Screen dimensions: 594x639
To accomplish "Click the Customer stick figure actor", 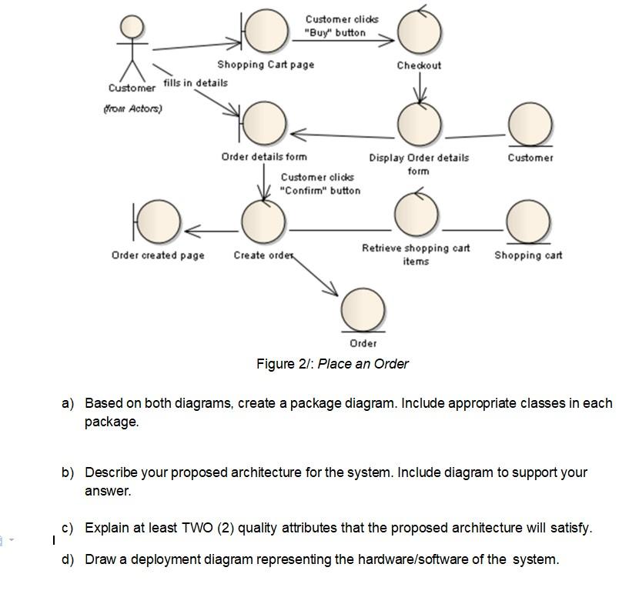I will point(132,46).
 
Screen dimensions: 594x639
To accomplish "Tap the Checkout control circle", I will point(420,32).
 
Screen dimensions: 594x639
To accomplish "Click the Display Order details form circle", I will point(420,123).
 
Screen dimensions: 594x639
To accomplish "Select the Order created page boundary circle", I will point(159,222).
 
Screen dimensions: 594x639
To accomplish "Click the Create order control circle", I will point(263,222).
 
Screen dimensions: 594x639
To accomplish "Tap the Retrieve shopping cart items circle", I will point(417,215).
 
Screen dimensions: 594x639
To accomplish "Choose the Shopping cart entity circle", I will point(528,222).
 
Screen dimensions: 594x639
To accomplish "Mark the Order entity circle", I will point(363,309).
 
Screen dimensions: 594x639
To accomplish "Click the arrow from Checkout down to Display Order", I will point(420,89).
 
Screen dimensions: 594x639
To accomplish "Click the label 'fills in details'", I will point(196,82).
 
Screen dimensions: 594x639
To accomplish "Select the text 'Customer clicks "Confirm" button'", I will point(319,184).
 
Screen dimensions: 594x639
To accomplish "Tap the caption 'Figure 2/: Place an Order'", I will point(332,364).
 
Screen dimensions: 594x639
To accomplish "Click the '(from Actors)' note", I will point(132,108).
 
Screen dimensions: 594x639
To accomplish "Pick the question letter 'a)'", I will point(69,403).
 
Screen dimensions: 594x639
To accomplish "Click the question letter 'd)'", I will point(69,559).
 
